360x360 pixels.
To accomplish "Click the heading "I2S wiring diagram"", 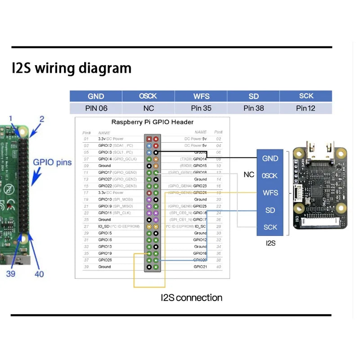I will point(72,68).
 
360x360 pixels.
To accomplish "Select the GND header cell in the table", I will point(96,96).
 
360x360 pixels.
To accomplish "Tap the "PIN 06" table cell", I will point(96,108).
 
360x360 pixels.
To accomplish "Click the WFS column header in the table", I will point(201,96).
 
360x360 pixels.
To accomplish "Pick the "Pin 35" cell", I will point(201,108).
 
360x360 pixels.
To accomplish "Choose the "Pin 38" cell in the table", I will point(253,108).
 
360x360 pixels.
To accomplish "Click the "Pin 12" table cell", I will point(306,108).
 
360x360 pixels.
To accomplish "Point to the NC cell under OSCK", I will point(148,108).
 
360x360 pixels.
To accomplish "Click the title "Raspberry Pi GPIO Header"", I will point(152,122).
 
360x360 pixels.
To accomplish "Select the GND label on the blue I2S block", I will point(270,158).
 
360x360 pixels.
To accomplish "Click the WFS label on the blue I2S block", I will point(270,193).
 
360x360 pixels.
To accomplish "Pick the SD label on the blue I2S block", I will point(270,210).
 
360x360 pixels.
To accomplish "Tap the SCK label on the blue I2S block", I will point(270,227).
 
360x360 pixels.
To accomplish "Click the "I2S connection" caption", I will point(192,297).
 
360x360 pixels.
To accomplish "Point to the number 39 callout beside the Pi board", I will point(11,273).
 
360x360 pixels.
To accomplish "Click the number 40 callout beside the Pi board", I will point(39,274).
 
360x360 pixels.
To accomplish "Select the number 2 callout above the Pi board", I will point(41,119).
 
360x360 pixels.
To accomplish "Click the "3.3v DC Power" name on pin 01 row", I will point(111,139).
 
